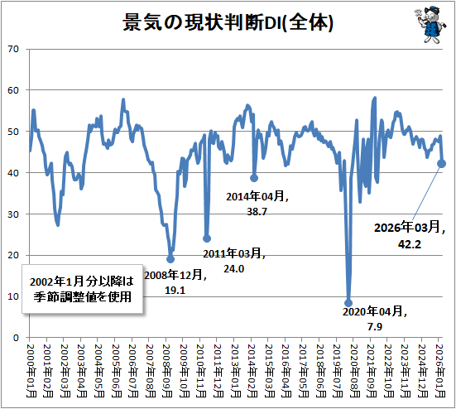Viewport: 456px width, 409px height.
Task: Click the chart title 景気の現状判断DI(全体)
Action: pyautogui.click(x=228, y=22)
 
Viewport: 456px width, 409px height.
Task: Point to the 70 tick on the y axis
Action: pyautogui.click(x=13, y=49)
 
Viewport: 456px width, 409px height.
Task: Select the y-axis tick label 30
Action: pyautogui.click(x=13, y=214)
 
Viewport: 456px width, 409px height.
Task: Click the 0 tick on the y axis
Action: pyautogui.click(x=16, y=338)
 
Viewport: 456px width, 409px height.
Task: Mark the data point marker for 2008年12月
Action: pyautogui.click(x=170, y=259)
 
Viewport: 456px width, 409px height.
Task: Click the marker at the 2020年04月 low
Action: pyautogui.click(x=348, y=303)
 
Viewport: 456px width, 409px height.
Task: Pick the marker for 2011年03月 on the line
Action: pyautogui.click(x=207, y=238)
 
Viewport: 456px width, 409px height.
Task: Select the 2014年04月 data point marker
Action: pyautogui.click(x=254, y=178)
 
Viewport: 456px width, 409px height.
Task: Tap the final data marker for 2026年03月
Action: pyautogui.click(x=441, y=164)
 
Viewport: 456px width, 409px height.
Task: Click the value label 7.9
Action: pyautogui.click(x=375, y=327)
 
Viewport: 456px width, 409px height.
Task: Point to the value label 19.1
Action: pyautogui.click(x=175, y=291)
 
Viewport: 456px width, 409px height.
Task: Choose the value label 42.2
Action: pyautogui.click(x=410, y=244)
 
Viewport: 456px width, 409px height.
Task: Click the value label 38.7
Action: pyautogui.click(x=257, y=211)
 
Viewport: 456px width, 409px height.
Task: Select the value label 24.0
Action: pyautogui.click(x=234, y=269)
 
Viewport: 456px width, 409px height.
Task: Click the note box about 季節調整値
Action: pyautogui.click(x=82, y=289)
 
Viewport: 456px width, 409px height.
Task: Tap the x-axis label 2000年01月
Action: pyautogui.click(x=31, y=371)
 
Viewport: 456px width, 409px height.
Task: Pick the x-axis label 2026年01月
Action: pyautogui.click(x=441, y=371)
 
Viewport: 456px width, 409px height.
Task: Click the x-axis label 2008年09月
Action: pyautogui.click(x=167, y=371)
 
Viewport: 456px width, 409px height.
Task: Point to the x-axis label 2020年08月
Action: pyautogui.click(x=355, y=371)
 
